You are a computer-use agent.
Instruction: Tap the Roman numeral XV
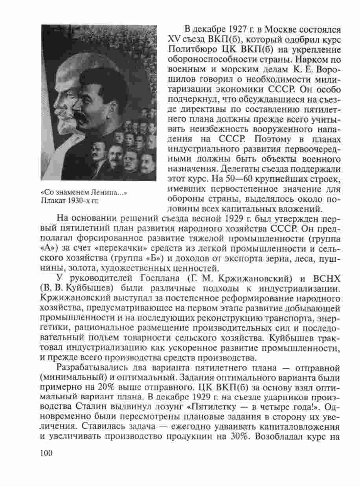(174, 40)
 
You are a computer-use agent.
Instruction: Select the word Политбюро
(188, 51)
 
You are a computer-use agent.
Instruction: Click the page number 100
(46, 453)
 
